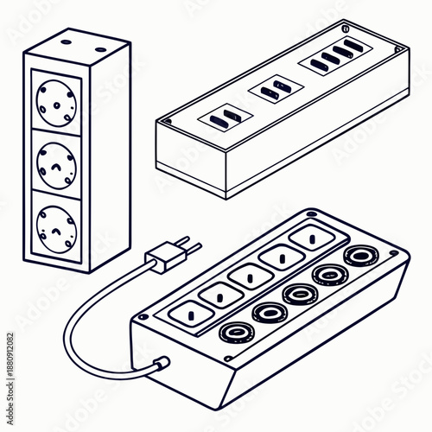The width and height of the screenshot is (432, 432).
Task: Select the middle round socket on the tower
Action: [54, 162]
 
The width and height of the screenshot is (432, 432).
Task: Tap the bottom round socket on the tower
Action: [54, 223]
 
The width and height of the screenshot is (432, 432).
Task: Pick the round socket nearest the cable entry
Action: [235, 333]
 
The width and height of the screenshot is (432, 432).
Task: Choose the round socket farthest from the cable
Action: [358, 257]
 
